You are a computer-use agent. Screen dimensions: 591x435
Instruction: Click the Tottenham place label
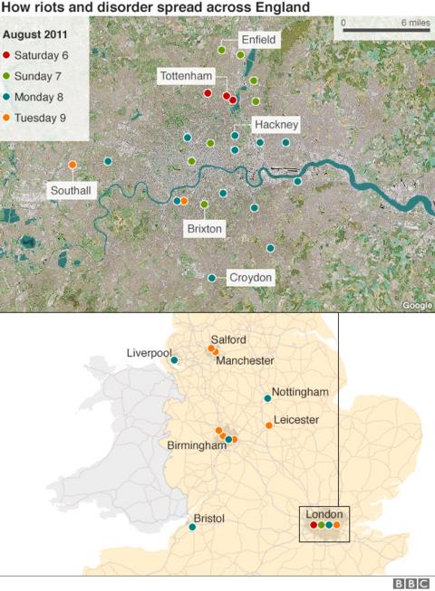click(x=185, y=76)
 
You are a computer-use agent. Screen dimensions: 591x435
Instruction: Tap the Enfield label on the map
click(x=258, y=40)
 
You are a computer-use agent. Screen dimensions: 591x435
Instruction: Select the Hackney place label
click(x=275, y=124)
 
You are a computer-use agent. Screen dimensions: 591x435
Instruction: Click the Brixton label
click(x=204, y=229)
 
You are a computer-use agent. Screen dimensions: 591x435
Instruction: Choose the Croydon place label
click(x=250, y=278)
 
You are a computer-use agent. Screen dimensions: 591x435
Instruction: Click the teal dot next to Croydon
click(x=212, y=278)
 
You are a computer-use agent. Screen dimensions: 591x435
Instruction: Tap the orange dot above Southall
click(x=72, y=165)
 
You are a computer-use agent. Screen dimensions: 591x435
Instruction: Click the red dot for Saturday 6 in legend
click(x=7, y=55)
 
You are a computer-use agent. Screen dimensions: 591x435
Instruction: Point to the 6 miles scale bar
click(x=379, y=30)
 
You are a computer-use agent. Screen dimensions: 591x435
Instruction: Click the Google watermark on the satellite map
click(x=417, y=306)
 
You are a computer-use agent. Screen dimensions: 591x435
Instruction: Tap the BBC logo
click(x=411, y=583)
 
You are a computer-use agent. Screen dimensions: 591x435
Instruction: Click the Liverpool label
click(x=149, y=352)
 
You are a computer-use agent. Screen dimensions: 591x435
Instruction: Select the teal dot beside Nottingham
click(x=267, y=398)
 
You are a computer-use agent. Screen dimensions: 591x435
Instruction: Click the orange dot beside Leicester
click(x=268, y=425)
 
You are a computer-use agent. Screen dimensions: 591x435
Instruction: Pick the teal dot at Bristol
click(x=192, y=527)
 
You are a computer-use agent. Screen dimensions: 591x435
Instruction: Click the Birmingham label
click(x=196, y=445)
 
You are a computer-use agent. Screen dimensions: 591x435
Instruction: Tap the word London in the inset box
click(x=324, y=513)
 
